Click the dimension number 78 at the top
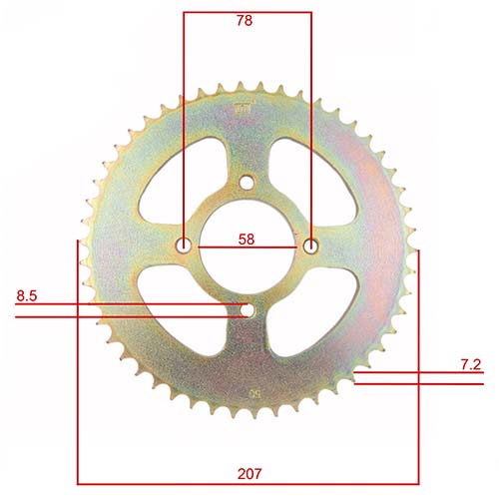(247, 21)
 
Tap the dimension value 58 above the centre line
(247, 239)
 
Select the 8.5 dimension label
(29, 296)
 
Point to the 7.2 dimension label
(471, 365)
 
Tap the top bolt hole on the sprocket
(247, 181)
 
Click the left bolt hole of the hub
(184, 246)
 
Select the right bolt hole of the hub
(310, 246)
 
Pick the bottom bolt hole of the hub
(247, 310)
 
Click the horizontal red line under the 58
(247, 247)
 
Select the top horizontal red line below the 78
(247, 12)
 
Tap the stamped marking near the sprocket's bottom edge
(256, 395)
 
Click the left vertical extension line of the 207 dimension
(78, 349)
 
